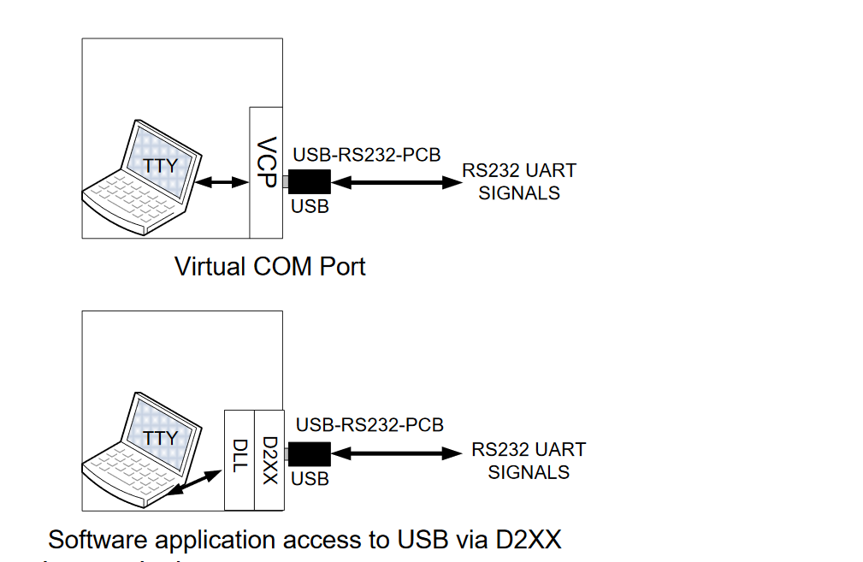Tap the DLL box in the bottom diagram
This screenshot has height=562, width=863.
coord(239,460)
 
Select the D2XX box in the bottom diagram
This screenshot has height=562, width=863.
coord(269,460)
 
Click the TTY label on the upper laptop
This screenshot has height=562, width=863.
coord(160,166)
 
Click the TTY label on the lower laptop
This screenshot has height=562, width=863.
coord(160,438)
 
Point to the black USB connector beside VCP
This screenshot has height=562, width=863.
coord(309,182)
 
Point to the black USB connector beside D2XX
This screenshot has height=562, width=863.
coord(309,453)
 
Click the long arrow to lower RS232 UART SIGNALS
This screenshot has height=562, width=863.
coord(399,453)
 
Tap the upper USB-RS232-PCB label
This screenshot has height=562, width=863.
coord(367,155)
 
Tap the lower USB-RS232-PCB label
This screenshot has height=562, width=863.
coord(369,425)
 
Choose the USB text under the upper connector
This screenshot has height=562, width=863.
coord(310,207)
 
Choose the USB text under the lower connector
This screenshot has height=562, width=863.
coord(310,479)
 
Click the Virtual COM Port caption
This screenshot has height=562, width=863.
coord(269,266)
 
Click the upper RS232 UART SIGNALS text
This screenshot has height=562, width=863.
coord(519,181)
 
